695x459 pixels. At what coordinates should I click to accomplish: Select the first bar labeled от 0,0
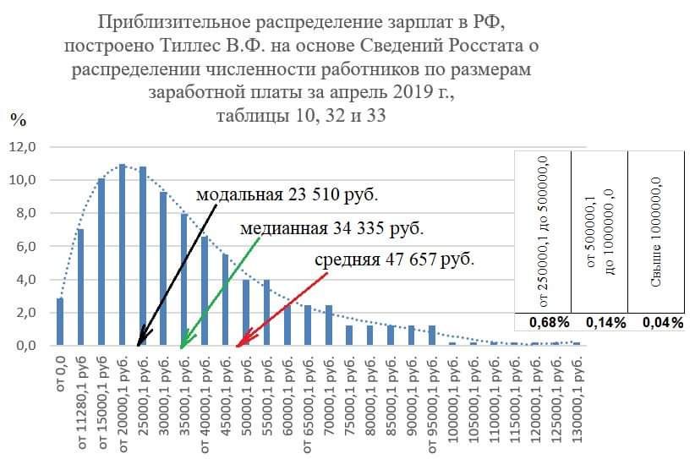coord(60,321)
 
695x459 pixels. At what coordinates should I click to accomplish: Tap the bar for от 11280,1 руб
coord(80,287)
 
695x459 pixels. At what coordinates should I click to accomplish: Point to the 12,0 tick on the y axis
coord(23,147)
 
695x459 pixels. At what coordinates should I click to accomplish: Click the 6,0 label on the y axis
coord(23,246)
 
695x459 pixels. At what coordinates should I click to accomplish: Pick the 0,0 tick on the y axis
coord(23,346)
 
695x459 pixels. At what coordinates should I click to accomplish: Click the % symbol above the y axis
coord(17,119)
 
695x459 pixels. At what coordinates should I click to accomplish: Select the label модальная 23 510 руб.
coord(287,195)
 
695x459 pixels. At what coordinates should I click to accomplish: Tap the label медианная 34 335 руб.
coord(331,228)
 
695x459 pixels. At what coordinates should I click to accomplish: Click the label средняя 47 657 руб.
coord(394,259)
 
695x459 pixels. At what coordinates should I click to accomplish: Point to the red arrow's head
coord(238,344)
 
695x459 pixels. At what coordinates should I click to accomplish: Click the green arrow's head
coord(183,344)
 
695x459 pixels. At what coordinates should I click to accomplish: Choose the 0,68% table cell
coord(543,322)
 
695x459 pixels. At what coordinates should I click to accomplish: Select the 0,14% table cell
coord(599,322)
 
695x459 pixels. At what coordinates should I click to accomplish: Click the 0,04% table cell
coord(656,322)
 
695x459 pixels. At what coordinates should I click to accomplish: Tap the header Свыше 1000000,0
coord(655,232)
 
